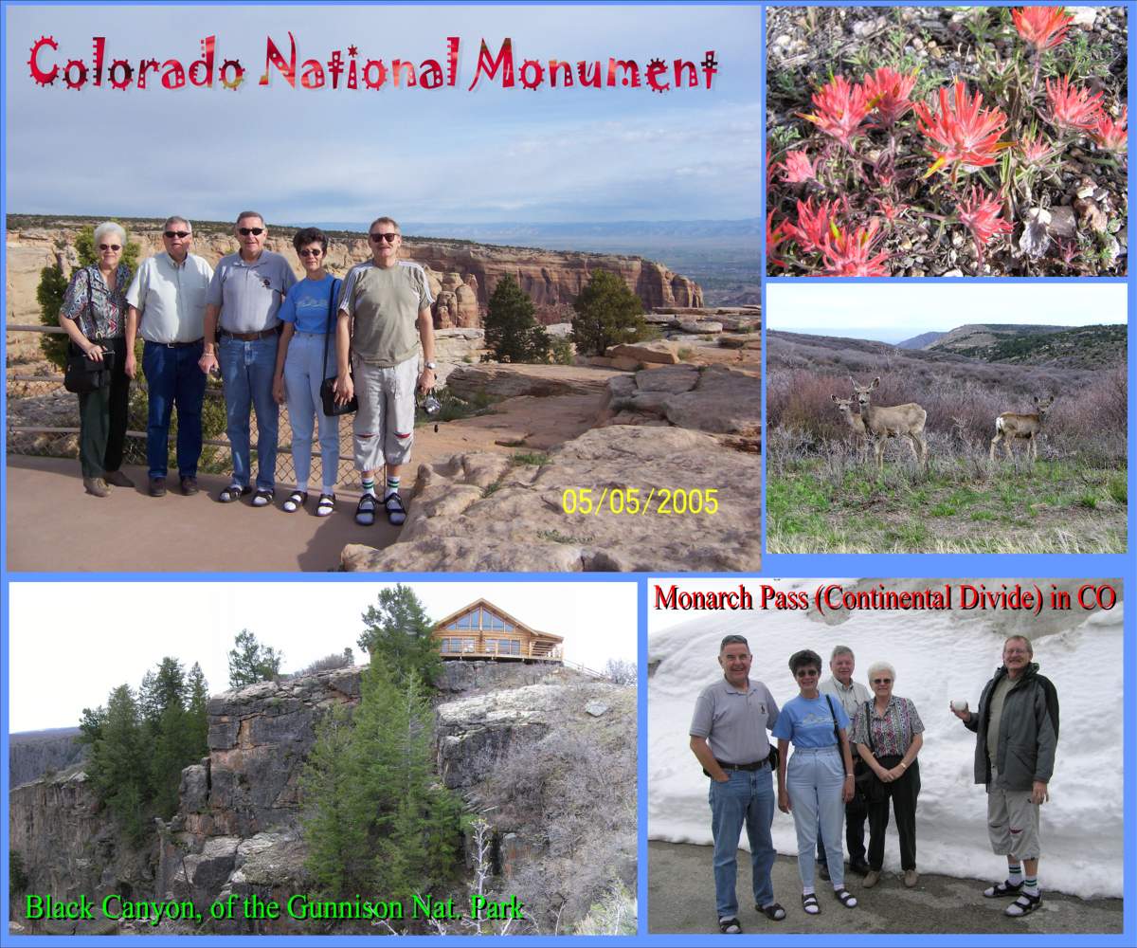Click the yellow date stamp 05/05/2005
640,501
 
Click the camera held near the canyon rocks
430,403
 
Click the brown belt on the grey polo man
248,334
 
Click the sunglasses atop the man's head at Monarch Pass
734,639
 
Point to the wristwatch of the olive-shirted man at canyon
429,366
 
